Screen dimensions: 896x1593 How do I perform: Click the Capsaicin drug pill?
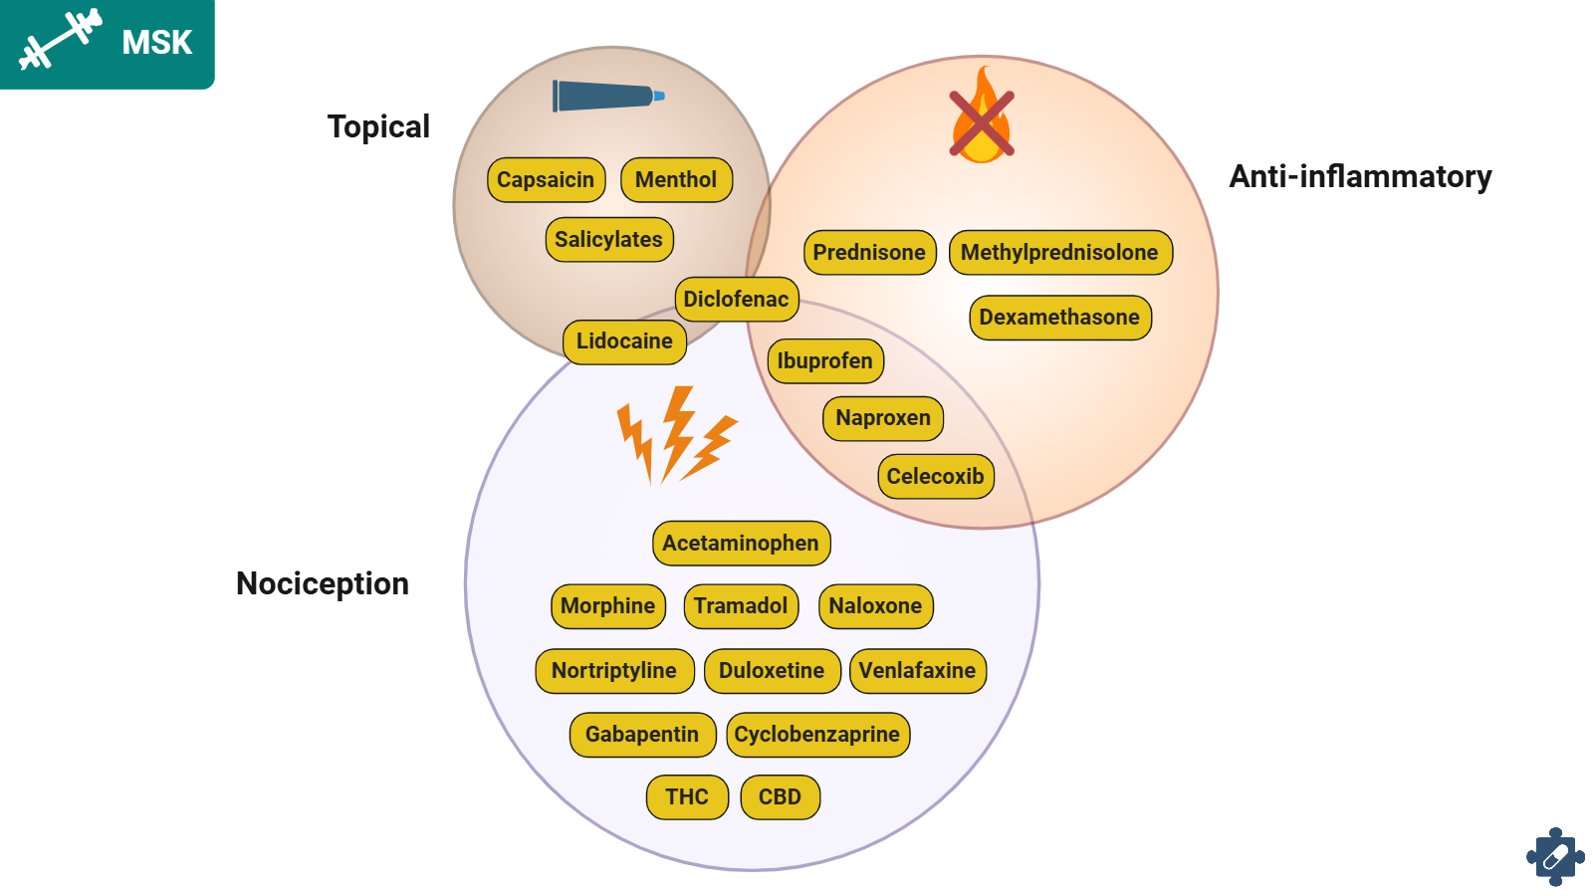coord(546,180)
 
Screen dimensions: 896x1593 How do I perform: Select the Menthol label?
coord(676,180)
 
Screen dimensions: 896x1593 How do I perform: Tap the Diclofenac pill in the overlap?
coord(736,300)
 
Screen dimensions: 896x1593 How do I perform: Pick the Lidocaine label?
coord(624,341)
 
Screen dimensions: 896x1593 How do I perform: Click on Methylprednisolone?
coord(1059,253)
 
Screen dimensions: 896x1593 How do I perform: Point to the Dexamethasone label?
coord(1059,318)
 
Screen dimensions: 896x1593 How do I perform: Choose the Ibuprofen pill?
coord(824,361)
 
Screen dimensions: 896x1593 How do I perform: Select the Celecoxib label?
coord(935,477)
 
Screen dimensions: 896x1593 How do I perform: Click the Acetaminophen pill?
coord(741,544)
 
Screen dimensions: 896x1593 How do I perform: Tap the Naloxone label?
coord(875,606)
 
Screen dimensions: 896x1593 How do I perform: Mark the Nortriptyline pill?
coord(614,671)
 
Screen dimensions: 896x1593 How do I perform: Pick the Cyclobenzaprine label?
coord(817,735)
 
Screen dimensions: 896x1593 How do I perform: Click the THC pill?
coord(687,797)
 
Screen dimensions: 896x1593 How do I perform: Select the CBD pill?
coord(780,797)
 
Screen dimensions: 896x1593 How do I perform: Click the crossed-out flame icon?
coord(982,117)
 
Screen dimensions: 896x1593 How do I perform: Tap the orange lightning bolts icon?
coord(676,436)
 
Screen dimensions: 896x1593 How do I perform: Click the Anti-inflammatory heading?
coord(1360,177)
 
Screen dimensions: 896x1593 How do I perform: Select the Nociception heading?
coord(323,583)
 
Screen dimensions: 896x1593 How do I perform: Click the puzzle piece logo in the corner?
coord(1555,856)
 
